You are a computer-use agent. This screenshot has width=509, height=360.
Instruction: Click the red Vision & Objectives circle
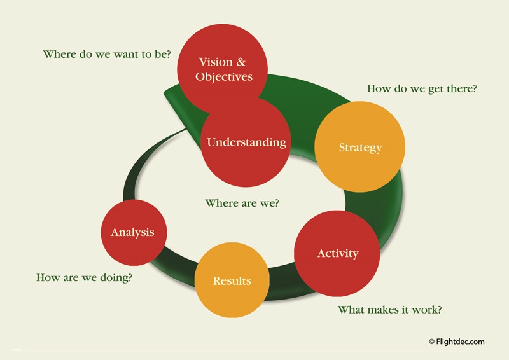[222, 69]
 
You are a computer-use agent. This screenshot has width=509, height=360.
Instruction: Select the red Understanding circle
[246, 142]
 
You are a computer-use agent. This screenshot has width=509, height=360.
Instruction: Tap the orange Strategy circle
[359, 147]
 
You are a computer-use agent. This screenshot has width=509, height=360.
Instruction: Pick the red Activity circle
[337, 253]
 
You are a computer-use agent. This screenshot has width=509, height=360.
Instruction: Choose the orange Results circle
[232, 280]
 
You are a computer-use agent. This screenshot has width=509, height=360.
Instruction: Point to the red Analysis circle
[134, 232]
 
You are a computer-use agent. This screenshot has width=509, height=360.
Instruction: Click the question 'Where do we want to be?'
[107, 54]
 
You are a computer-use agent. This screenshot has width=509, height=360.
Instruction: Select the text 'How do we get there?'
[422, 89]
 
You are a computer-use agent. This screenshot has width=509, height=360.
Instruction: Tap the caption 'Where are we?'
[242, 203]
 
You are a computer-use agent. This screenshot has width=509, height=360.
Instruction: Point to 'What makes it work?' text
[389, 310]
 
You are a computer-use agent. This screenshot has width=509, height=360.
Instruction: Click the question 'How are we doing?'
[85, 278]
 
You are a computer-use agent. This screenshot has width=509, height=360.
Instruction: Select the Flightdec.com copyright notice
[457, 342]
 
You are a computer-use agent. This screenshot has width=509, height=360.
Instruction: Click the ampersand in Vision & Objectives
[241, 62]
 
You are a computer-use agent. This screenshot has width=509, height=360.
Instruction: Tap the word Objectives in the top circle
[224, 77]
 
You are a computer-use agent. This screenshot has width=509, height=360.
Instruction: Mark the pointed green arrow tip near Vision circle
[165, 93]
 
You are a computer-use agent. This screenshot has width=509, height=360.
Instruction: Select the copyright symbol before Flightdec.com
[432, 342]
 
